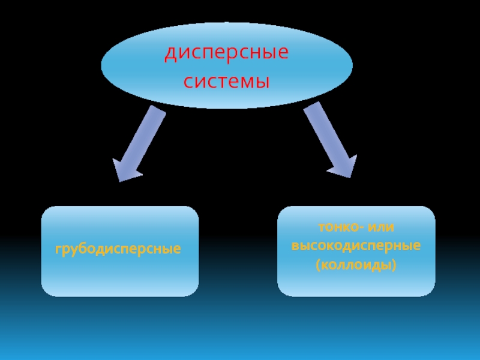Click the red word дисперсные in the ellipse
tap(227, 53)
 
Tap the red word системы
tap(227, 80)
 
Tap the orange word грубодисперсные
tap(118, 248)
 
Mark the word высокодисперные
tap(356, 246)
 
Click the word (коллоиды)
tap(356, 264)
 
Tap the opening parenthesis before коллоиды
tap(318, 265)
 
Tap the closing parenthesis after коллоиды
tap(395, 265)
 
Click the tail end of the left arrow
tap(157, 110)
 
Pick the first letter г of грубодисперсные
tap(59, 248)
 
